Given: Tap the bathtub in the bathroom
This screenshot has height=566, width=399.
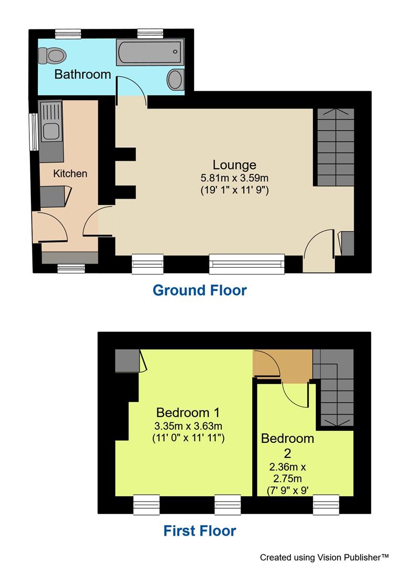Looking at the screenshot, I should pos(149,53).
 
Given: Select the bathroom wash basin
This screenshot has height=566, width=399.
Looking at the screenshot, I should pos(175,80).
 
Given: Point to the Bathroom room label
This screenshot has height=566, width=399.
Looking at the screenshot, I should pos(83,74).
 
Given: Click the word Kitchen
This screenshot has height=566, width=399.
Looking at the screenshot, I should pos(70,173).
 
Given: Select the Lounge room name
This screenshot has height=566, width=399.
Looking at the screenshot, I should pos(234,165).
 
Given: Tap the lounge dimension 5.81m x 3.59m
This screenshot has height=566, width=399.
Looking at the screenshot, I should pos(234,178).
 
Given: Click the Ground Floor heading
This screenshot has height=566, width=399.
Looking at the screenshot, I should pos(199,290).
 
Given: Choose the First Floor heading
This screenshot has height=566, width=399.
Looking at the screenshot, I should pos(199,531).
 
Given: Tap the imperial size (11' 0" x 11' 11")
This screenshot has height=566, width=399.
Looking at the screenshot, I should pos(189,438).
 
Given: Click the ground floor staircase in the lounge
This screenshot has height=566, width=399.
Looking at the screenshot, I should pos(334,147).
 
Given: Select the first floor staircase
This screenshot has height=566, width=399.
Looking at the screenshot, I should pos(333,388).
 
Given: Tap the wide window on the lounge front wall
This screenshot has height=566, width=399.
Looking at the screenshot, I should pos(246,264).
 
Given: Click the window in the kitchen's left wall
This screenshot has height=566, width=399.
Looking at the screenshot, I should pos(33,132).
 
